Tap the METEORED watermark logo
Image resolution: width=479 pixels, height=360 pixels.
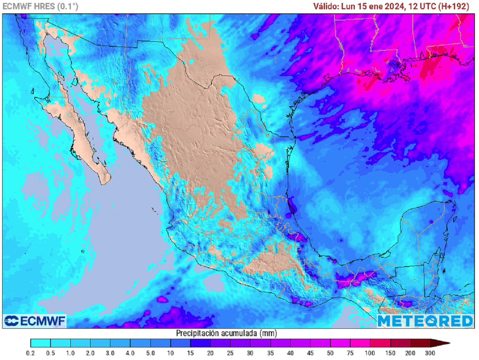point(425,321)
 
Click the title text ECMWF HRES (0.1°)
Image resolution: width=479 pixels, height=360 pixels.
point(41,7)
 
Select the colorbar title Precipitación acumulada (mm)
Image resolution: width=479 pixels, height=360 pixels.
point(226,333)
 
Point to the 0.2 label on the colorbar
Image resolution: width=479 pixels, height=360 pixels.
point(30,353)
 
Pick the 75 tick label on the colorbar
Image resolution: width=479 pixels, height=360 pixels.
point(350,353)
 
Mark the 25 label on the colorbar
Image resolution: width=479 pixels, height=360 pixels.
point(230,353)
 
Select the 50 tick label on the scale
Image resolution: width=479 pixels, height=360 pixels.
point(330,353)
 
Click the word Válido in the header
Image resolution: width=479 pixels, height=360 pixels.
point(326,7)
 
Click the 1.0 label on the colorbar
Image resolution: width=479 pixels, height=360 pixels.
point(71,353)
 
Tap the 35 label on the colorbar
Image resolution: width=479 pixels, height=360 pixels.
point(270,353)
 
